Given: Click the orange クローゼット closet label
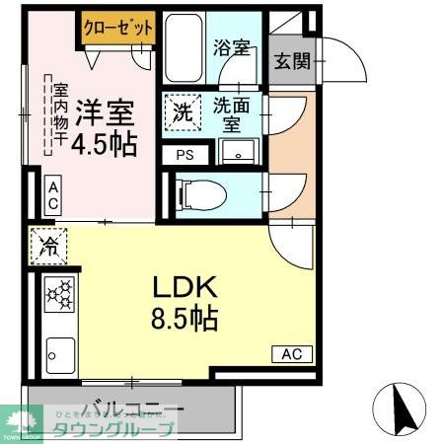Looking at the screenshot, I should click(117, 28).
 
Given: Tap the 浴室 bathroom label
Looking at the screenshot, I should click(230, 47).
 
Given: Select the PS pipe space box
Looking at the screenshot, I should click(185, 154).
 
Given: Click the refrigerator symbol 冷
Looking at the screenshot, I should click(46, 247).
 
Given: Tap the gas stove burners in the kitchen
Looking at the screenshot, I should click(58, 293).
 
